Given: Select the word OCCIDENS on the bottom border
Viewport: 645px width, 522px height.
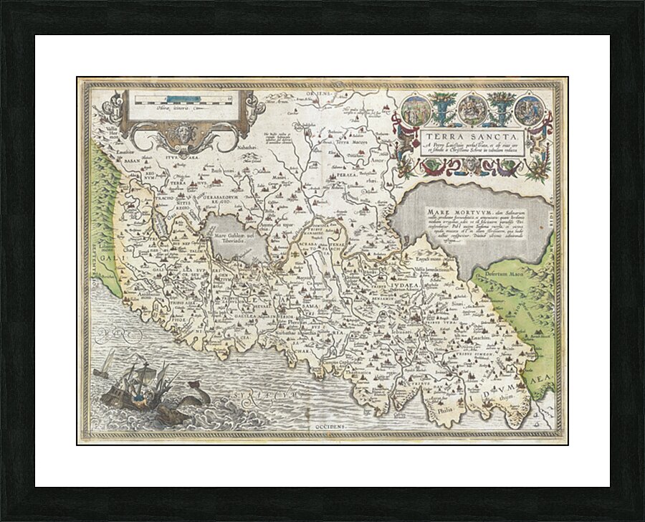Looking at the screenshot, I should coord(320,427).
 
